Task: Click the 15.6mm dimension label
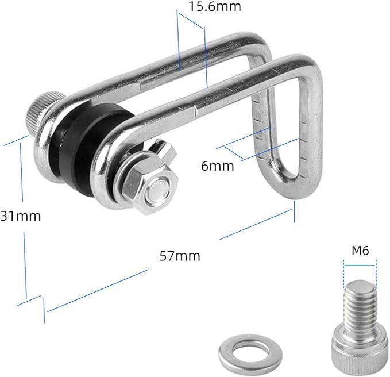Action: click(215, 6)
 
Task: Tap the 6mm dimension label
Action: click(218, 166)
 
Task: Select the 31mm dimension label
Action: click(21, 216)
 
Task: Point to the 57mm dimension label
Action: click(180, 256)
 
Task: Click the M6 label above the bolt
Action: click(360, 251)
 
